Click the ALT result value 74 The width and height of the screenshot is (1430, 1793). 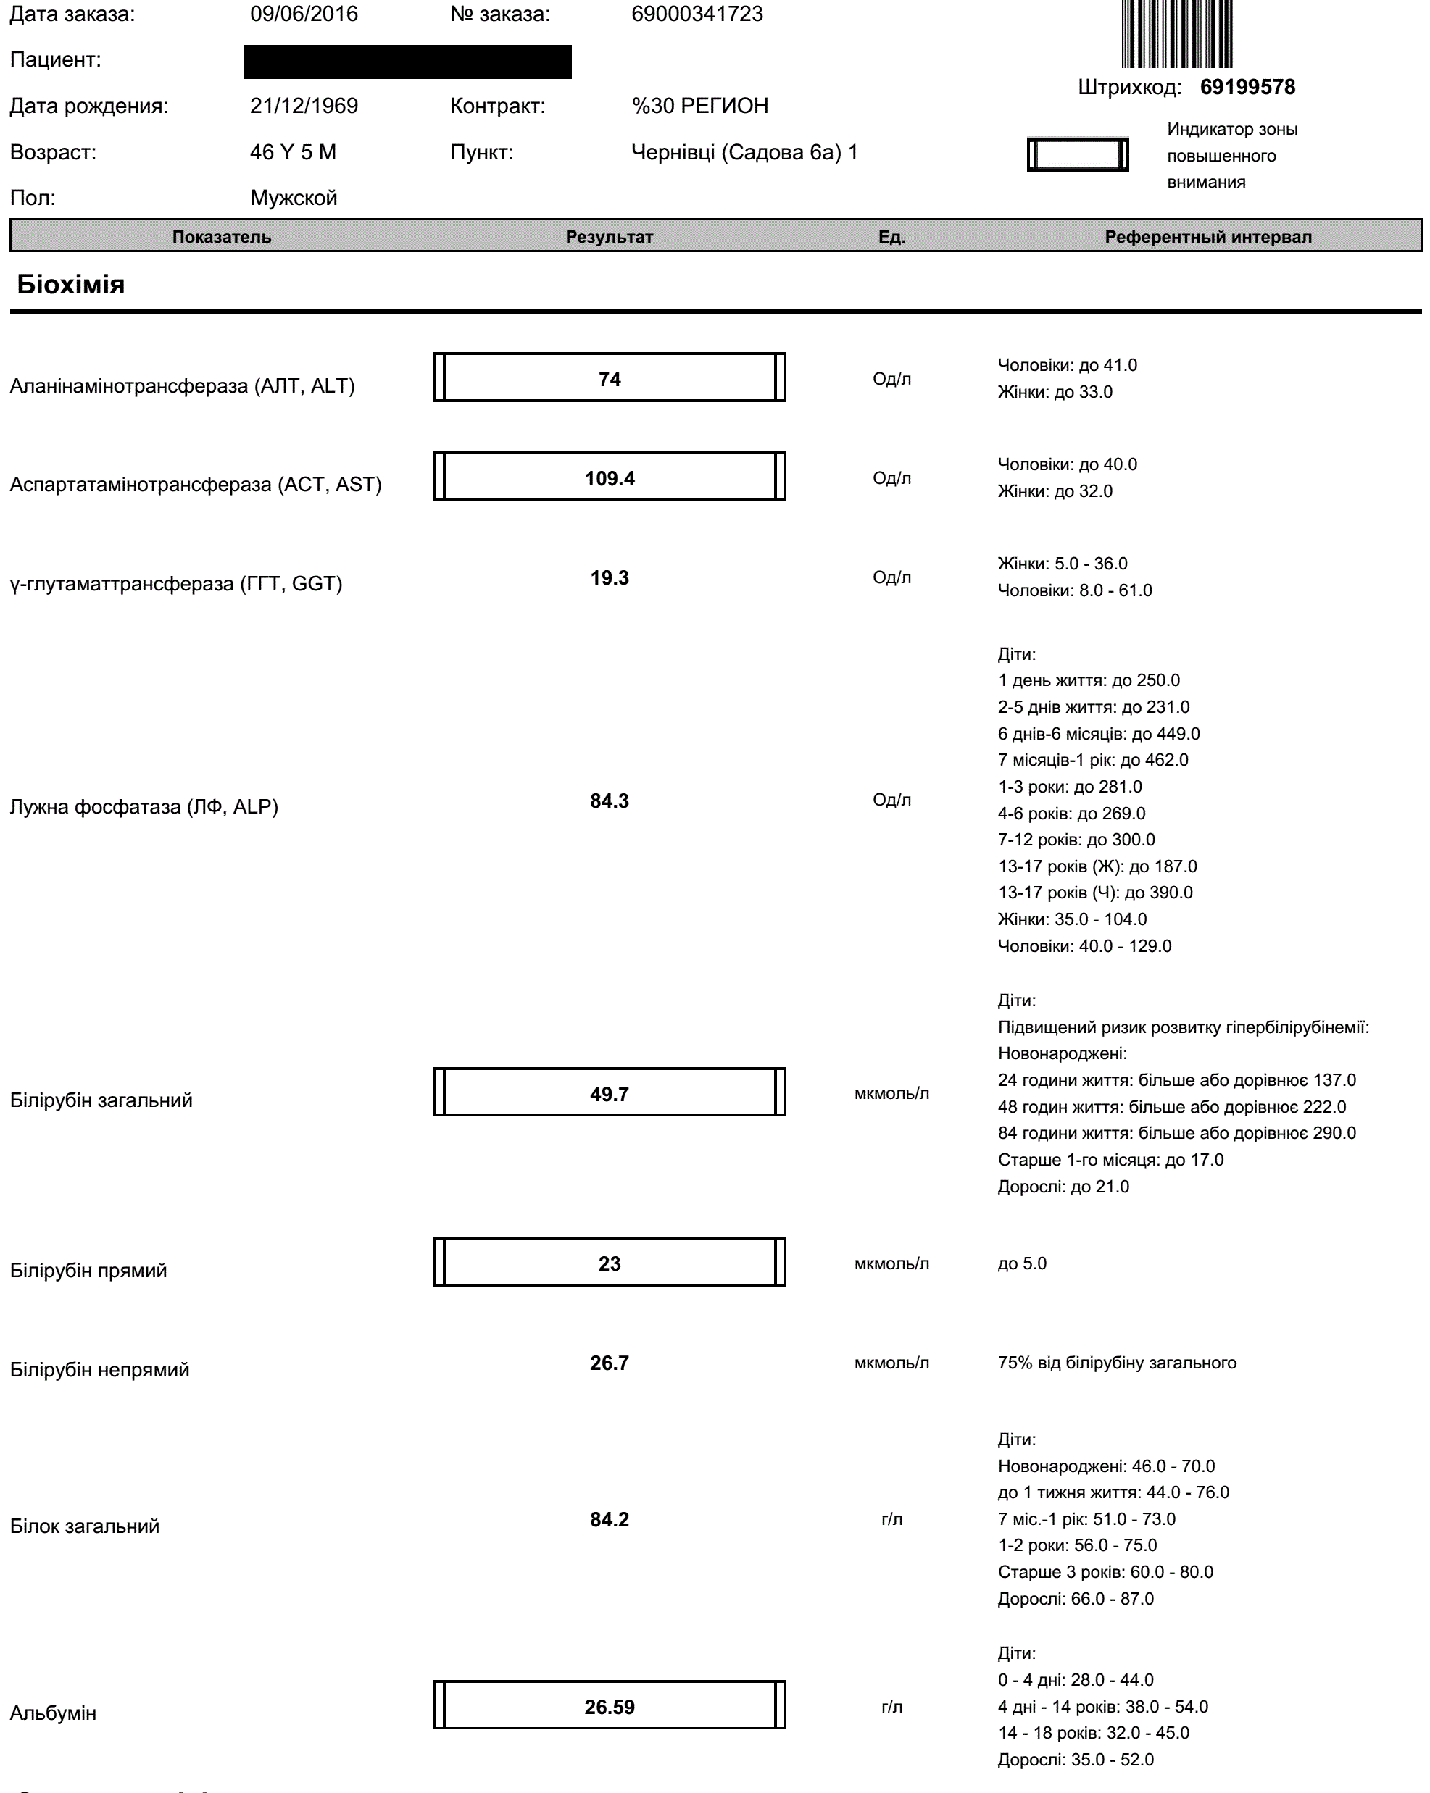609,379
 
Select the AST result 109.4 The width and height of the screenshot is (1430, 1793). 609,478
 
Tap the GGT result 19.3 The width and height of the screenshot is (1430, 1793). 609,578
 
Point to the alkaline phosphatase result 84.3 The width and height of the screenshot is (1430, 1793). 609,801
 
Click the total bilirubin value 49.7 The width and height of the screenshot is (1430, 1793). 609,1094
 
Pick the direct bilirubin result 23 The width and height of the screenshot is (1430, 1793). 609,1263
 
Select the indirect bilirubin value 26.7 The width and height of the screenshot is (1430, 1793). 609,1363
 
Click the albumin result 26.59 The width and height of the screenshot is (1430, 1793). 609,1707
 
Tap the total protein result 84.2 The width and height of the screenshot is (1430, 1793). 609,1519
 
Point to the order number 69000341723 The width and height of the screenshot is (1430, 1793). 697,14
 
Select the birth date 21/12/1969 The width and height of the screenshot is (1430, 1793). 304,106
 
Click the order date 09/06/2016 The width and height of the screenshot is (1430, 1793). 304,14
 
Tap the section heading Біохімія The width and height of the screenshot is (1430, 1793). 71,285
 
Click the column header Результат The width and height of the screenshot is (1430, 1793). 609,237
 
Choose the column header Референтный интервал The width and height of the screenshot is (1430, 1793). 1208,237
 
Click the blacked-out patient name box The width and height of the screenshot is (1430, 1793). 407,62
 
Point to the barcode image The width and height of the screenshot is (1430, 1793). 1176,33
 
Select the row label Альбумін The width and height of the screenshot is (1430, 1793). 53,1713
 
